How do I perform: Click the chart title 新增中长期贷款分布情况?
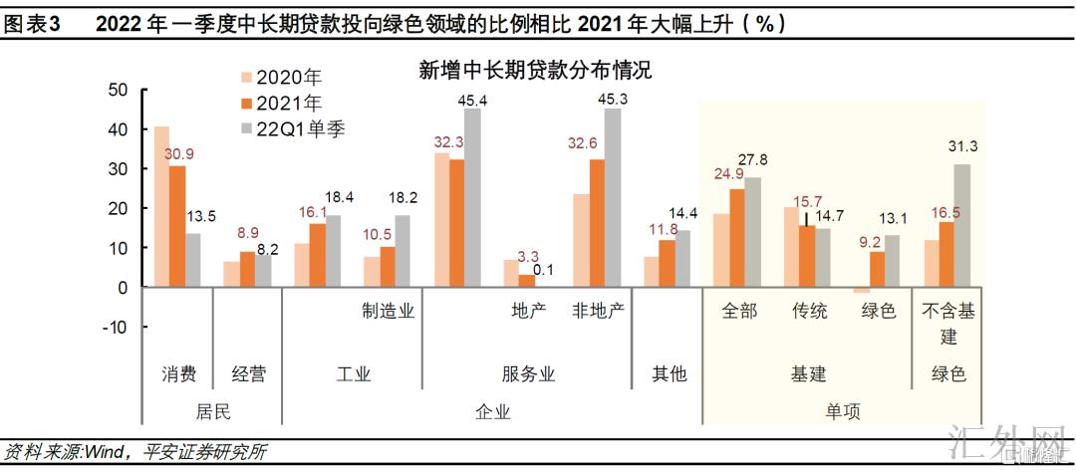pos(535,71)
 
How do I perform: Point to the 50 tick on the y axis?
pos(118,90)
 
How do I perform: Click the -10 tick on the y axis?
pos(114,327)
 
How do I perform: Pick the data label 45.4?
pos(471,101)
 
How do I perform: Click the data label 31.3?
pos(962,146)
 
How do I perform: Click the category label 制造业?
pos(388,311)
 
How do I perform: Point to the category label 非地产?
pos(598,311)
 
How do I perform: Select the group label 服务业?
pos(528,374)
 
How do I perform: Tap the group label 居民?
pos(214,411)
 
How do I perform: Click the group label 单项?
pos(843,411)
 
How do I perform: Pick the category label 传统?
pos(809,311)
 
